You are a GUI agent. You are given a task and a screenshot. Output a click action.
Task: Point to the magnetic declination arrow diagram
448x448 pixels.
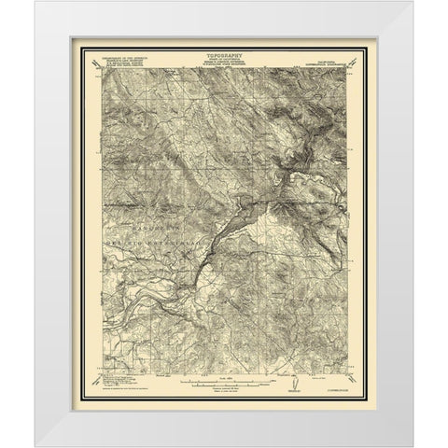[296, 380]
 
